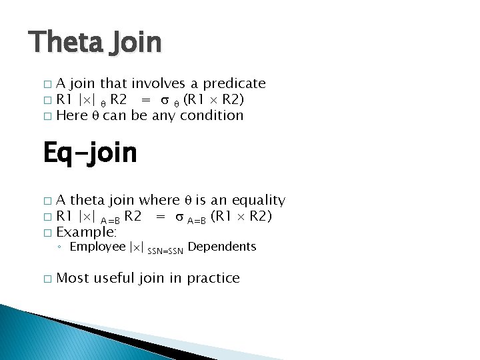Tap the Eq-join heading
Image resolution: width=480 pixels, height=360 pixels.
point(89,153)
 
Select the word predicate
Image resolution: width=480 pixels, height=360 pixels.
point(234,84)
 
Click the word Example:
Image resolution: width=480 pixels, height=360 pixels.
point(87,233)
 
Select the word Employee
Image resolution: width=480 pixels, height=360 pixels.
point(97,247)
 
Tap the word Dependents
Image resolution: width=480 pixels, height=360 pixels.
point(222,247)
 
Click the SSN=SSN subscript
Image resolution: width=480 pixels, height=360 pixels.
point(165,251)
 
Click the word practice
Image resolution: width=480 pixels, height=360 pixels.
point(212,278)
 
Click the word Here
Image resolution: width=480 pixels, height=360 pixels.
point(71,115)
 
